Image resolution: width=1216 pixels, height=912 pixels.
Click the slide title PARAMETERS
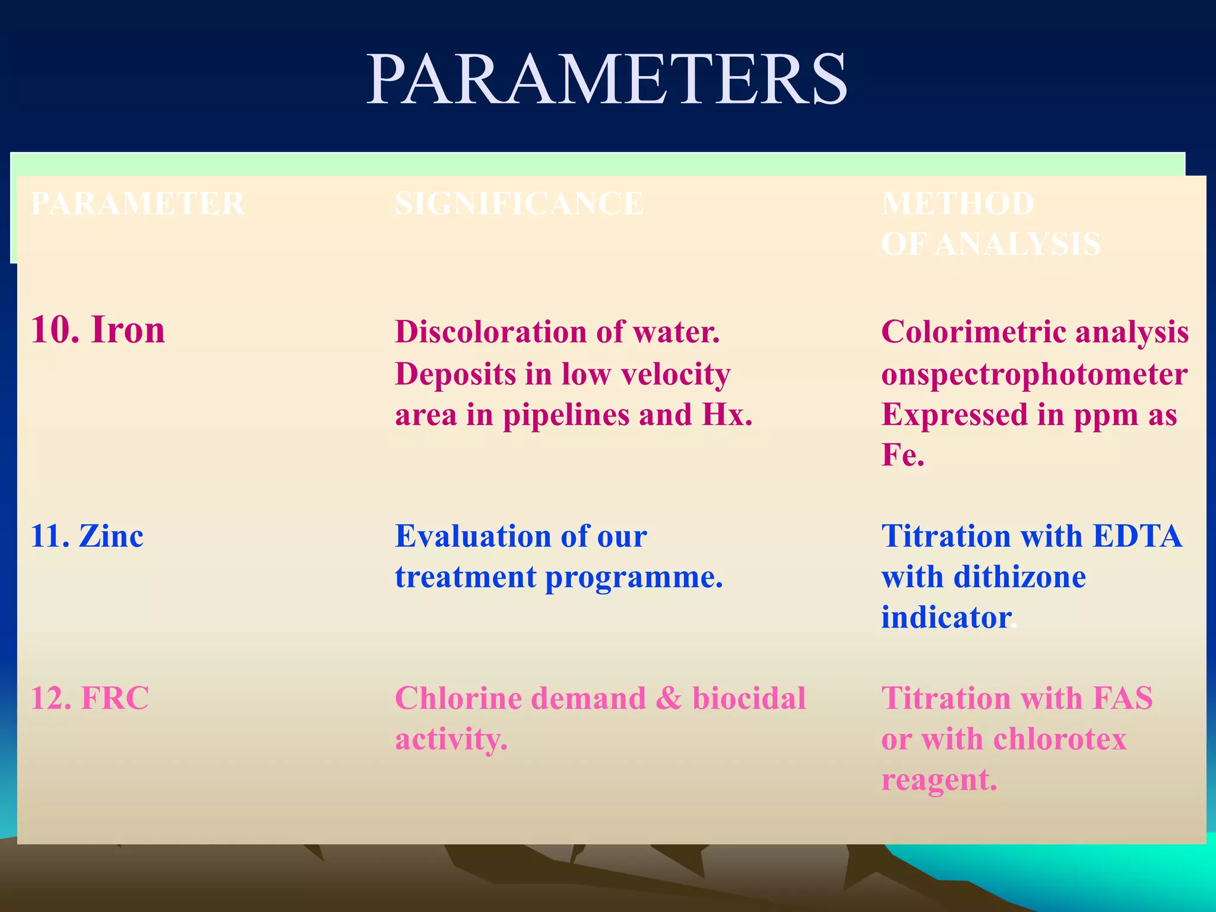pos(607,80)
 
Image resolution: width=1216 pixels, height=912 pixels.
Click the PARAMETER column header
pos(138,204)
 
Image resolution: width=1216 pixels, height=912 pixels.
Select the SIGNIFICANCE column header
pos(519,204)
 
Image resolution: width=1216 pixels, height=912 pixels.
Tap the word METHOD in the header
pos(958,204)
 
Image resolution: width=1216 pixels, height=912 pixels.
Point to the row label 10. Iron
pos(97,330)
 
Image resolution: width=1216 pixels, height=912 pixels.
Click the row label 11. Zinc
pos(87,536)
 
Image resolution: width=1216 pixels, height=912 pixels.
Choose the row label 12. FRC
pos(90,698)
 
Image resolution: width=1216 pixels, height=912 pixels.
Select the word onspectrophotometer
pos(1034,374)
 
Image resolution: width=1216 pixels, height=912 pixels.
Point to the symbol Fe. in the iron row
pos(902,455)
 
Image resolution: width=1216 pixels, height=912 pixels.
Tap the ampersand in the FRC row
pos(669,698)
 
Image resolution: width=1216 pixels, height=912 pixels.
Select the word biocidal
pos(749,698)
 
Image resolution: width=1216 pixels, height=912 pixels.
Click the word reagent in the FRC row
pos(935,780)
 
